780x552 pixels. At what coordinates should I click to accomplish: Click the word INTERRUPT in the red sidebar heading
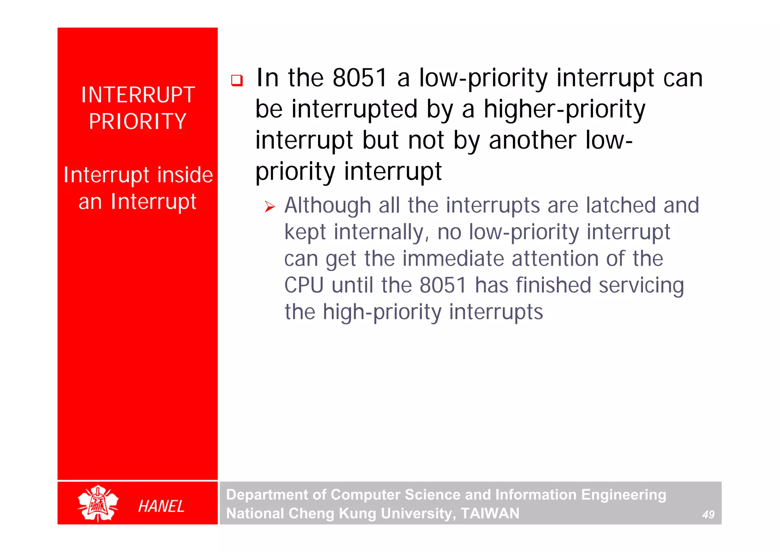pos(138,95)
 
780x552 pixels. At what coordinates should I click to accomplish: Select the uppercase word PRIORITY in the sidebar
pos(138,122)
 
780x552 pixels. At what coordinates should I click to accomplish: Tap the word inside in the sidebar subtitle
pos(185,175)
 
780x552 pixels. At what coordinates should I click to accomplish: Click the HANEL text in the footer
pos(161,506)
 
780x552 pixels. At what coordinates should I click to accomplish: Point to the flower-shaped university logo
pos(98,504)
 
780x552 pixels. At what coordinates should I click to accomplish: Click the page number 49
pos(708,515)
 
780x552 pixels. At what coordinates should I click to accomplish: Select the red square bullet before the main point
pos(237,80)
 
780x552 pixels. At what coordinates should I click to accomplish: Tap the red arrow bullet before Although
pos(270,207)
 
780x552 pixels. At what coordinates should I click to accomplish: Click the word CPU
pos(304,285)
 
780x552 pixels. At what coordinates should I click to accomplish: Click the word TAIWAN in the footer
pos(490,513)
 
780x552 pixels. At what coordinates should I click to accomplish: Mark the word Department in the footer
pos(266,495)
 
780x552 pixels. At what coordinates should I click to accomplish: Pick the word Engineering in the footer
pos(623,495)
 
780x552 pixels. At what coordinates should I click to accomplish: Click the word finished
pos(553,285)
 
